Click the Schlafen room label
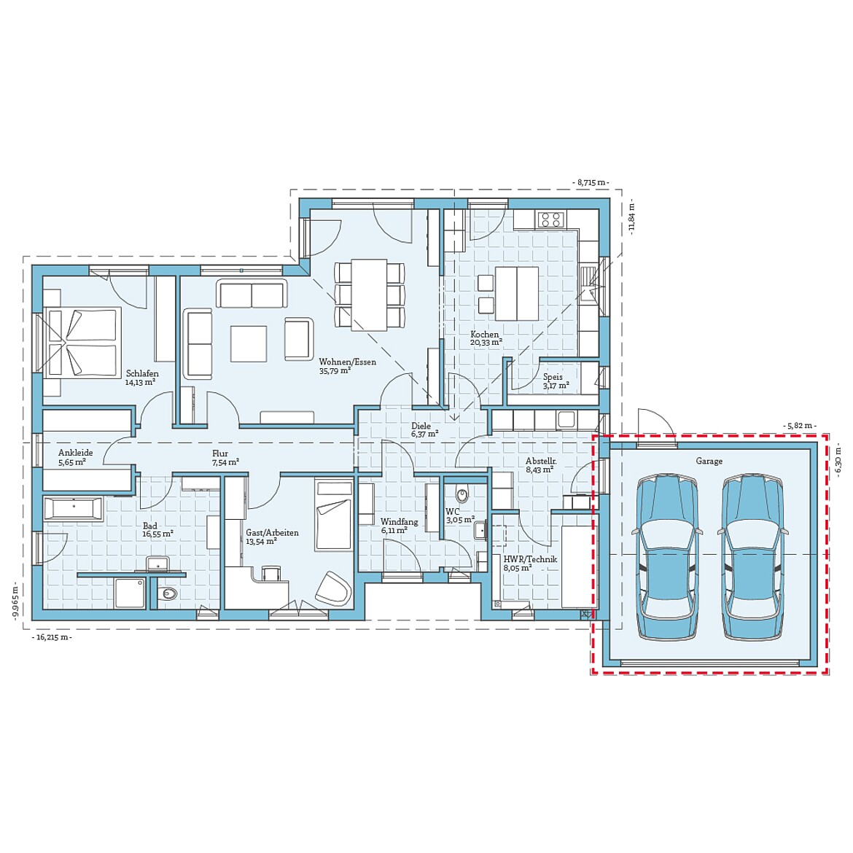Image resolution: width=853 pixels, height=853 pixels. pos(141,373)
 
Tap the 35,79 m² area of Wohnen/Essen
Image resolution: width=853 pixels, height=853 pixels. pos(335,370)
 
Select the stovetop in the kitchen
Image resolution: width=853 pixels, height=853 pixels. pos(550,219)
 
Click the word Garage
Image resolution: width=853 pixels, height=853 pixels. pos(709,461)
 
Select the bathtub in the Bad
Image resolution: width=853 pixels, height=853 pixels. pos(73,508)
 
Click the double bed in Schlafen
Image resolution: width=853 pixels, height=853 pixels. pos(82,342)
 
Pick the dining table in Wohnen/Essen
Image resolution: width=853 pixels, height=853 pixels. pos(369,294)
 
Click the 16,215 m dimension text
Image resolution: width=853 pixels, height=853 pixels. pos(52,637)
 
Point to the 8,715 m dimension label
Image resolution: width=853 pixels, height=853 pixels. pos(591,182)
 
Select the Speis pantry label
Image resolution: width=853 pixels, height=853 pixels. pos(553,377)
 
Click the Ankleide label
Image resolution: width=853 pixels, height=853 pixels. pos(75,453)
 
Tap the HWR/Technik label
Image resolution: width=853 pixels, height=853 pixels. pos(530,559)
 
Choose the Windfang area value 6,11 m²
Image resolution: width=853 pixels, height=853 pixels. pos(394,531)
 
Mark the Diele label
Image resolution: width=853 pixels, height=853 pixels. pos(421,426)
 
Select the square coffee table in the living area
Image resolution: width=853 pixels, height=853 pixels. pos(249,343)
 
